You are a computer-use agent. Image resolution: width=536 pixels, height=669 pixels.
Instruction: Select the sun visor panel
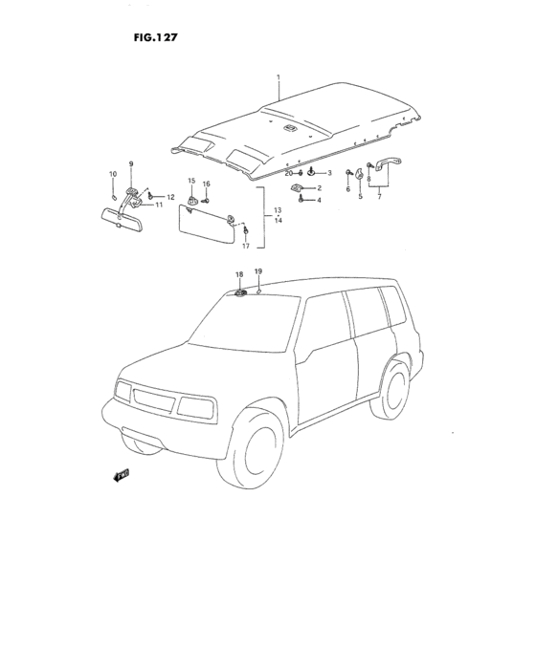[x=208, y=225]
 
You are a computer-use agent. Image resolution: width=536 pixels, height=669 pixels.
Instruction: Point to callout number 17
[x=245, y=247]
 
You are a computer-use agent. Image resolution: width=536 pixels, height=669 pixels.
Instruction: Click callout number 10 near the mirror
[x=111, y=173]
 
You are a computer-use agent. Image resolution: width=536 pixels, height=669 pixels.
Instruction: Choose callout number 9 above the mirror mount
[x=131, y=164]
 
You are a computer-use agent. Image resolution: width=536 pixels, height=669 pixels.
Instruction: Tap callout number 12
[x=170, y=197]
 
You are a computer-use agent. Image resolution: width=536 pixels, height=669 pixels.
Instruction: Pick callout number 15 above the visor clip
[x=190, y=181]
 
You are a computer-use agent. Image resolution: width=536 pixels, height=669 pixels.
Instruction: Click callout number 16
[x=206, y=183]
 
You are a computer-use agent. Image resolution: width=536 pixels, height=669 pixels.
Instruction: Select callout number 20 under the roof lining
[x=288, y=173]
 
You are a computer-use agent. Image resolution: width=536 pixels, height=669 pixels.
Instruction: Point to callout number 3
[x=328, y=173]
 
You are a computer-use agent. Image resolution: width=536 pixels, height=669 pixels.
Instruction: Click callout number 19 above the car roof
[x=257, y=271]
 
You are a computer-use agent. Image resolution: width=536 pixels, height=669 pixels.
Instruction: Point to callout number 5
[x=360, y=196]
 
